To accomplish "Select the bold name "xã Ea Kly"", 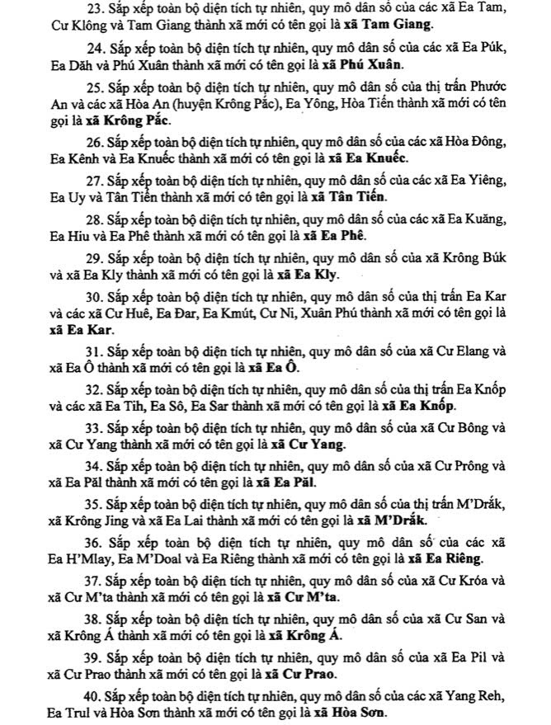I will coord(306,275).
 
